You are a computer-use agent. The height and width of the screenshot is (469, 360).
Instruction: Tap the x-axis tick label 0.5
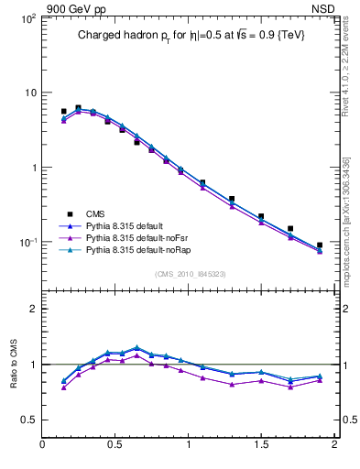click(x=115, y=446)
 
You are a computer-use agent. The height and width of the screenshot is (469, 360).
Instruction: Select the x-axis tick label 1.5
click(x=261, y=446)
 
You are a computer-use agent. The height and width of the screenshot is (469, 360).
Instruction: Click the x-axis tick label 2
click(x=334, y=446)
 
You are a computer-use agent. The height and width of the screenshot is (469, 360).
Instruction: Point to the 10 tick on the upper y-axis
click(x=27, y=93)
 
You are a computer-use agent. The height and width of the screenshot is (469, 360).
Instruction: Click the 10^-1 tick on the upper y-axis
click(x=26, y=243)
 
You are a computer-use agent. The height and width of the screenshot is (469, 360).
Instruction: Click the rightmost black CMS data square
click(x=320, y=245)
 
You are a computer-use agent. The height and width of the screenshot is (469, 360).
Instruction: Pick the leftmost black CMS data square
click(x=63, y=112)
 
